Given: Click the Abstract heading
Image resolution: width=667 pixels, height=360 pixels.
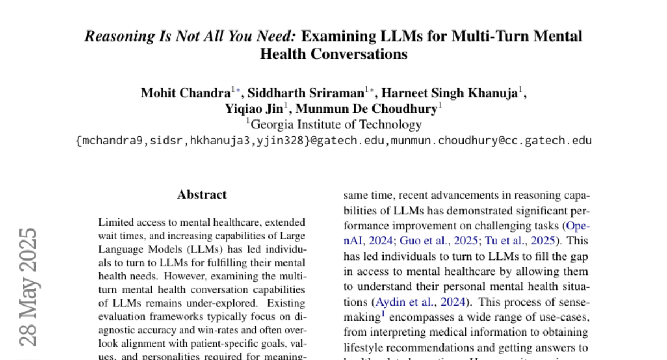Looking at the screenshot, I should (x=202, y=195).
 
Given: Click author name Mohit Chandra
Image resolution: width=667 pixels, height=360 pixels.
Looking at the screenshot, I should (x=186, y=93).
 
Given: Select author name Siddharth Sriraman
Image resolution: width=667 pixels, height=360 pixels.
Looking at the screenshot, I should (x=306, y=93).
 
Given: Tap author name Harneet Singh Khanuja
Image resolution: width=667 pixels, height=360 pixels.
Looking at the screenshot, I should (x=451, y=93).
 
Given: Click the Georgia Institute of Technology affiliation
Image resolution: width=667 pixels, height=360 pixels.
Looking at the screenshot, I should (x=336, y=124).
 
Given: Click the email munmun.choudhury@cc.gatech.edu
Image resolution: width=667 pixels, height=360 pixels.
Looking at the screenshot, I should (x=492, y=141).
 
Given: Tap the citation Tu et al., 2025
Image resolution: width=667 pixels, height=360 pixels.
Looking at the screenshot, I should (x=520, y=241).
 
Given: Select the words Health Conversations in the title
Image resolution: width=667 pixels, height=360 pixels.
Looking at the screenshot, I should (x=333, y=54).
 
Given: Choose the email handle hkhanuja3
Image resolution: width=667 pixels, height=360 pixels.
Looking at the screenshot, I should (x=215, y=141).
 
